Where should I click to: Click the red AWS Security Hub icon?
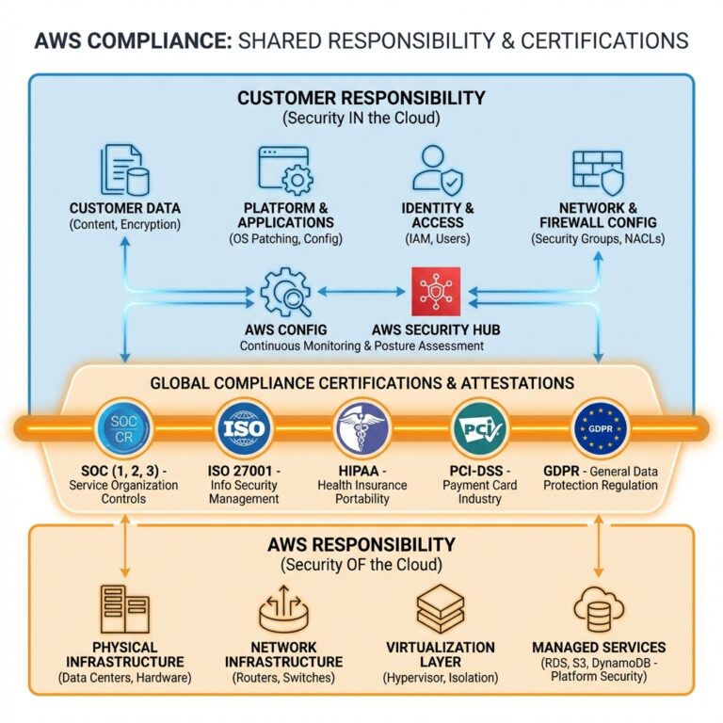tap(436, 292)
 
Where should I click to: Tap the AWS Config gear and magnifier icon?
tap(285, 293)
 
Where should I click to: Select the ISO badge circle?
tap(244, 428)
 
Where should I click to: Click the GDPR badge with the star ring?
tap(600, 428)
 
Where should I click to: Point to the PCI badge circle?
tap(479, 428)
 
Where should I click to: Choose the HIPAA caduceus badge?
tap(361, 428)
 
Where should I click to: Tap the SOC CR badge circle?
tap(123, 428)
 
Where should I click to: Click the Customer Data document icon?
tap(125, 169)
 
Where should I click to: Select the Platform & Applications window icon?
tap(286, 170)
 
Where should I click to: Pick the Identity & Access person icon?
tap(438, 169)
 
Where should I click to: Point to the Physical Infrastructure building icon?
tap(125, 609)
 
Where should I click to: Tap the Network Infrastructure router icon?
tap(283, 609)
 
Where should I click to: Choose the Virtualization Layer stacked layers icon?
tap(441, 609)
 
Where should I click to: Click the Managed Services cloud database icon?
tap(599, 609)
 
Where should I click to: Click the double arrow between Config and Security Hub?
tap(361, 292)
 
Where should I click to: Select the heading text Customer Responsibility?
tap(361, 98)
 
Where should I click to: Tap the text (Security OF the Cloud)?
tap(361, 565)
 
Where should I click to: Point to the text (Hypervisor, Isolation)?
tap(441, 678)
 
